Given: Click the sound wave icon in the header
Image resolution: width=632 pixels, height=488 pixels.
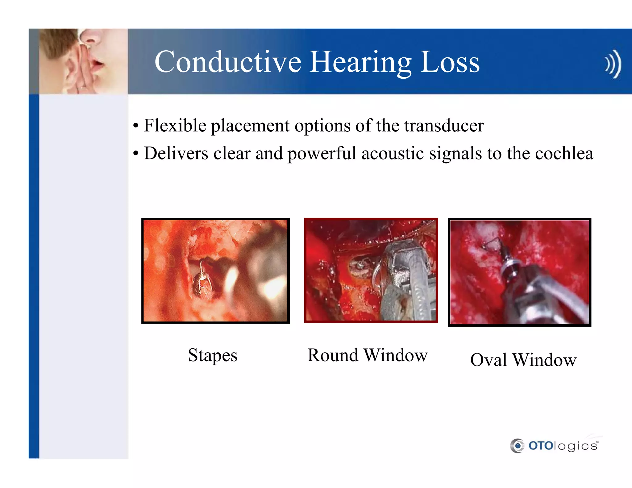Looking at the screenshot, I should tap(613, 64).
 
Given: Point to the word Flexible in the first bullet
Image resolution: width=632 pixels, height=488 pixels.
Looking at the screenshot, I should tap(175, 126).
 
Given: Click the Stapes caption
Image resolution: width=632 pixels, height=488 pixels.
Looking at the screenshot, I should tap(213, 355).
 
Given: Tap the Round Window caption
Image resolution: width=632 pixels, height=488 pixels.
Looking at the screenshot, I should tap(368, 355).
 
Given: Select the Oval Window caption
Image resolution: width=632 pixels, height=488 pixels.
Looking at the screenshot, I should tap(523, 360).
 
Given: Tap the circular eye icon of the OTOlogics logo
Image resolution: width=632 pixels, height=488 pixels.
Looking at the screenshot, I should tap(517, 446).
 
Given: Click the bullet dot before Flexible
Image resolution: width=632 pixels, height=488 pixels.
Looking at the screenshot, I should tap(136, 126).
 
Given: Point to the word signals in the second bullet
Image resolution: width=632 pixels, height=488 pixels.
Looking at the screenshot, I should tap(455, 153).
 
